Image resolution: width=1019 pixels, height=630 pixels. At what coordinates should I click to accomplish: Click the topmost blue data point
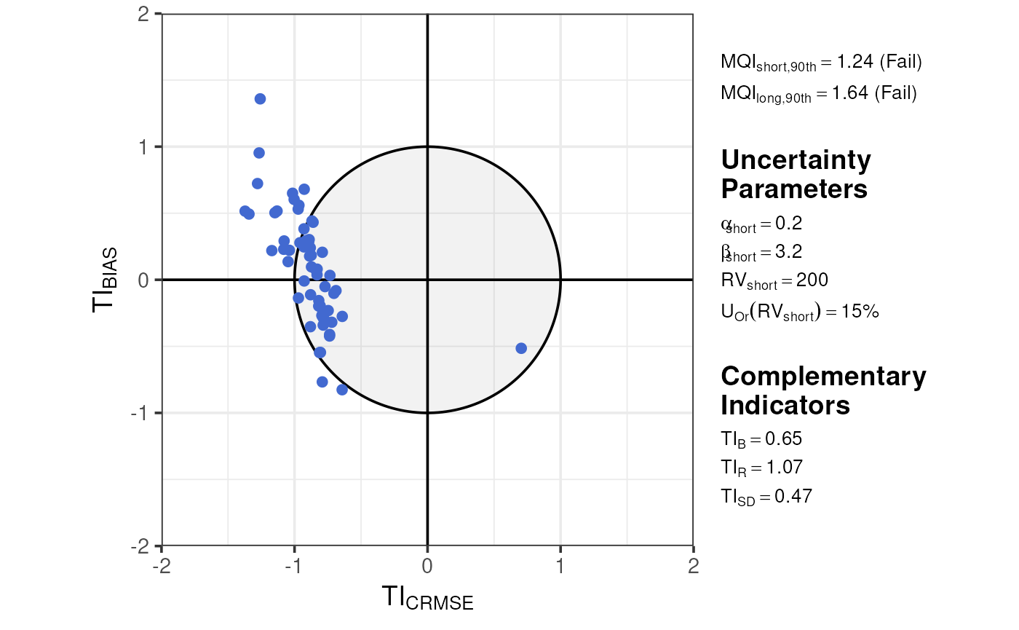(260, 99)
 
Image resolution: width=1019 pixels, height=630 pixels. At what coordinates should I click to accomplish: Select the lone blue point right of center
(521, 348)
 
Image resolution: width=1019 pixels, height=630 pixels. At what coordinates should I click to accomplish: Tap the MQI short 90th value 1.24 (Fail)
(821, 63)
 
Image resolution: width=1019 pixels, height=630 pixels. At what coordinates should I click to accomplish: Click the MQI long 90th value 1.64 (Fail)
(818, 94)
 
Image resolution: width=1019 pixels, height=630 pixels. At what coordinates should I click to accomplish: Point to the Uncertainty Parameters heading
(796, 174)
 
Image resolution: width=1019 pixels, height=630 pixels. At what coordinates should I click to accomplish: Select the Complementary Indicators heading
(823, 390)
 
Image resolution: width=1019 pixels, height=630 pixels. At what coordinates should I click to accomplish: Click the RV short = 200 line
(774, 280)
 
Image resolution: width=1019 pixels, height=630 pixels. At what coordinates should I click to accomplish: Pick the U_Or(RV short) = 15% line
(800, 312)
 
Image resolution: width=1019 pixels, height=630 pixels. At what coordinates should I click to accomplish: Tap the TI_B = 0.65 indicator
(761, 438)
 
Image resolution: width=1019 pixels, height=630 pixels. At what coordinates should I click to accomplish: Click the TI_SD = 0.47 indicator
(766, 497)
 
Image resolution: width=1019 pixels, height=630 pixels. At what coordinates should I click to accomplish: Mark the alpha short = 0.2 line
(761, 224)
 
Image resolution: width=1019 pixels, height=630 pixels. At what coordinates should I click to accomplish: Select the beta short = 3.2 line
(761, 253)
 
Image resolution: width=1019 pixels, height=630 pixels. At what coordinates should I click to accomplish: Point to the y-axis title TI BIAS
(106, 280)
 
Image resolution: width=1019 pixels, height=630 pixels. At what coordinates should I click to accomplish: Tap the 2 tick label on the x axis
(693, 567)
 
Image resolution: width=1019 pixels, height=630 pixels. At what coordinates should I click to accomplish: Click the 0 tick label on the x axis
(427, 567)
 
